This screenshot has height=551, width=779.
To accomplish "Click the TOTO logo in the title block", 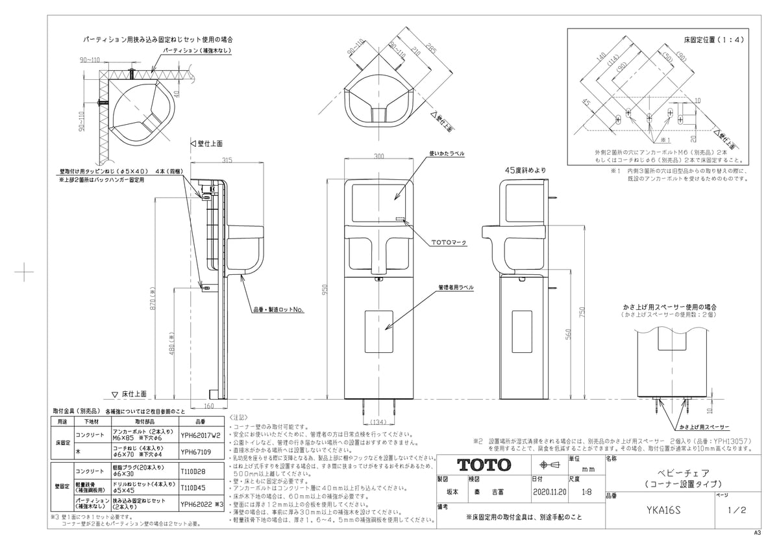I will (484, 465).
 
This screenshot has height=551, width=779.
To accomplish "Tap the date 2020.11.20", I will (549, 493).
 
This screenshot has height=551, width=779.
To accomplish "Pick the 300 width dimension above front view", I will (379, 157).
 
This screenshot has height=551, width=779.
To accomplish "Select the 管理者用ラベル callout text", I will (456, 287).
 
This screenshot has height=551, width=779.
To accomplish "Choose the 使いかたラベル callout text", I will (446, 154).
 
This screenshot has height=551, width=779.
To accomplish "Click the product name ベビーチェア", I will (678, 473).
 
